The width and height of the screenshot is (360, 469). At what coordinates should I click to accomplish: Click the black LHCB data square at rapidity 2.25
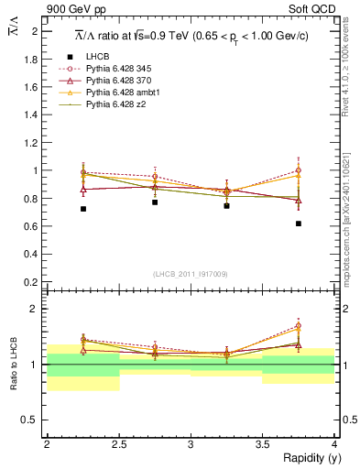tap(83, 209)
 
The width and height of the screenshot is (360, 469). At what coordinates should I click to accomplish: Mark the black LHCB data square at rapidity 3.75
tap(299, 224)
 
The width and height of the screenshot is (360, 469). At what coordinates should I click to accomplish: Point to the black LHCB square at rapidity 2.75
tap(155, 202)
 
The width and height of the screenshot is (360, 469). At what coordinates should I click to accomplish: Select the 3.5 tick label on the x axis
tap(262, 443)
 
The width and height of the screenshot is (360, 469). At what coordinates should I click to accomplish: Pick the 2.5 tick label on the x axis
tap(119, 443)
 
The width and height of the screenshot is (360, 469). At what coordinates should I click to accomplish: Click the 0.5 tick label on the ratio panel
tap(33, 420)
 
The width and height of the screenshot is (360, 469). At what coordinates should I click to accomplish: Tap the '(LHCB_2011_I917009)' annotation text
tap(191, 274)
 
